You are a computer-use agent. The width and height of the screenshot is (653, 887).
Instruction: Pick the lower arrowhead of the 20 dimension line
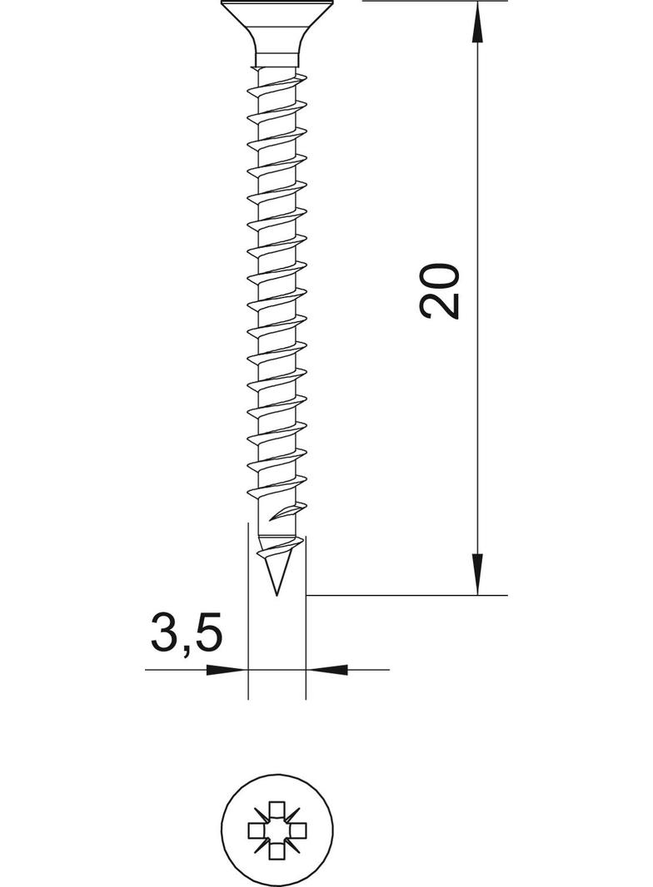click(x=477, y=574)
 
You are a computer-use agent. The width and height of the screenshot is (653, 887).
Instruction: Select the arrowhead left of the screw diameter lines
click(x=228, y=669)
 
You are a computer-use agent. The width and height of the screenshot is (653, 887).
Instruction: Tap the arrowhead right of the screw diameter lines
click(x=326, y=669)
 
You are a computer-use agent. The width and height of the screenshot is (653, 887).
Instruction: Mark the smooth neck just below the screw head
click(x=277, y=60)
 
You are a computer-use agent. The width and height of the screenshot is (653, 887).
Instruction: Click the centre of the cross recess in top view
click(x=277, y=828)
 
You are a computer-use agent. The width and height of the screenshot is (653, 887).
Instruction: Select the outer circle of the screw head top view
click(x=222, y=828)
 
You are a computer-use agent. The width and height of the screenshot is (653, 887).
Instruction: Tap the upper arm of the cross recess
click(x=277, y=809)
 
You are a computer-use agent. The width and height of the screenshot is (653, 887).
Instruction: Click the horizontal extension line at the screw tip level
click(x=408, y=596)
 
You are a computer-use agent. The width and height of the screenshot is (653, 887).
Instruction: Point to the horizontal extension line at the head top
click(x=433, y=2)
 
